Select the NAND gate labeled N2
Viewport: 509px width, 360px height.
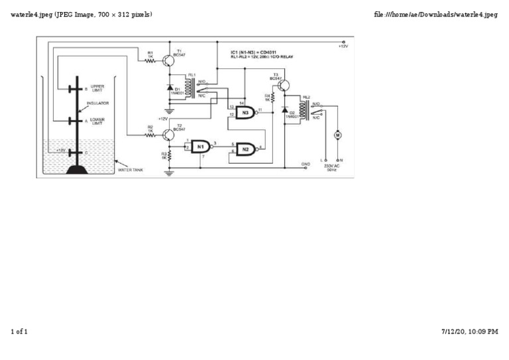245,149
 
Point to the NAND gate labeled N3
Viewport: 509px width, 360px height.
245,113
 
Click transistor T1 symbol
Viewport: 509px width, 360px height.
169,61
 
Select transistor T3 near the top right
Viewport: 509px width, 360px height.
284,85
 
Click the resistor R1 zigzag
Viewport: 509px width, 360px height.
150,61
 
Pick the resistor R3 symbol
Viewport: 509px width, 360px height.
170,156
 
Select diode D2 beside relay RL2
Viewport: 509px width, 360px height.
284,109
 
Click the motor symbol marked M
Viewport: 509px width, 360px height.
337,135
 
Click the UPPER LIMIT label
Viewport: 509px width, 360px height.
97,88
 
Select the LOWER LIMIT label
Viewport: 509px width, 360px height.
97,121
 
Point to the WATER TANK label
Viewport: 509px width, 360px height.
130,170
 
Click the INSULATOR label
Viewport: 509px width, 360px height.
97,103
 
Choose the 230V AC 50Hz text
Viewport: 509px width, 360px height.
331,168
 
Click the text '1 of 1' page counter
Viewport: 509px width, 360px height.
19,331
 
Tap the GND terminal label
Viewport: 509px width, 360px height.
306,163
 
